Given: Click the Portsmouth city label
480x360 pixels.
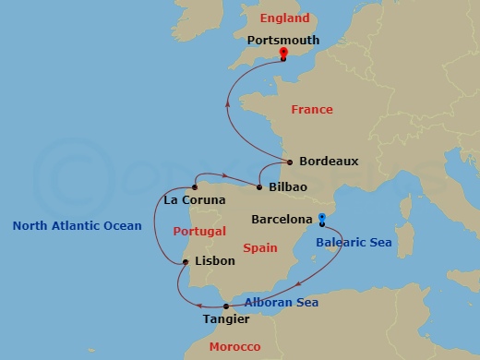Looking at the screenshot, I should (283, 41).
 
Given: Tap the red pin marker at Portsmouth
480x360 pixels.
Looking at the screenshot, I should (283, 54).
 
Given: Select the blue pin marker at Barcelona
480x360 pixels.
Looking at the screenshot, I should (322, 219).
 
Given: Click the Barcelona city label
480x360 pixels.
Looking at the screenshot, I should (282, 220).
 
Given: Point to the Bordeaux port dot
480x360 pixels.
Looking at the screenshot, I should (290, 162).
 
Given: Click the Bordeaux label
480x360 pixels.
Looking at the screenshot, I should (328, 162).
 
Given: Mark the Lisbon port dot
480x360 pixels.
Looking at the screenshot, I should (186, 262).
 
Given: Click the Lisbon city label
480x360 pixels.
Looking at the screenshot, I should (216, 261).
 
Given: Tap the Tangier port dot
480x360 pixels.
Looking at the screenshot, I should (226, 306).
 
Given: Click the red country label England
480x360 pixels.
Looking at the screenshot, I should (285, 18).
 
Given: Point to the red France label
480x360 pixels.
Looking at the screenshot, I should (312, 110).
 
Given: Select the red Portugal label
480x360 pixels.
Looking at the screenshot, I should (200, 231).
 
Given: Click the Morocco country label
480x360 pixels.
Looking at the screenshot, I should (234, 347).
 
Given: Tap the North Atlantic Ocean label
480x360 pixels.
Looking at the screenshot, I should (77, 226).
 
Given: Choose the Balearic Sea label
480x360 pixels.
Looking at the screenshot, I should (354, 244).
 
